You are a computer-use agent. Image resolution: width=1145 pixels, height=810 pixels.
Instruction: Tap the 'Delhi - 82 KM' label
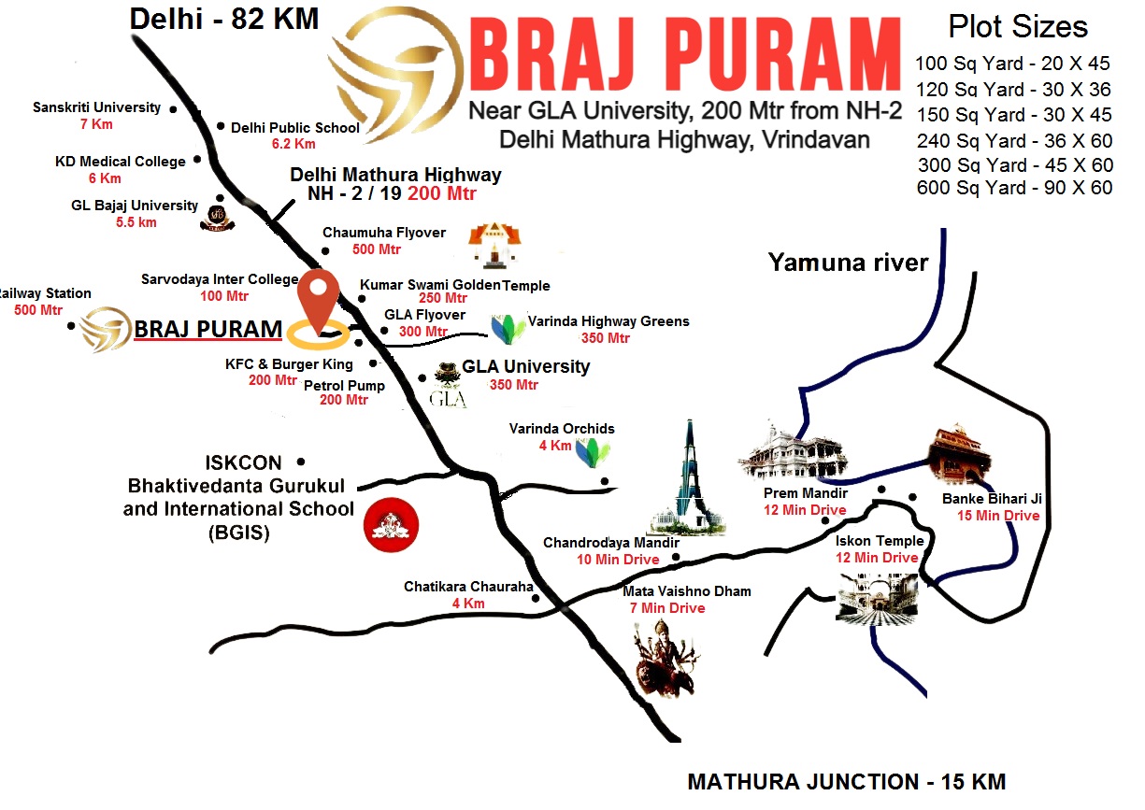tap(223, 18)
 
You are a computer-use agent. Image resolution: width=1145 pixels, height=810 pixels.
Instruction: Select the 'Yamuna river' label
tap(848, 263)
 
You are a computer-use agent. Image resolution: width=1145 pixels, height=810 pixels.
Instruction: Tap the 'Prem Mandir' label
tap(793, 493)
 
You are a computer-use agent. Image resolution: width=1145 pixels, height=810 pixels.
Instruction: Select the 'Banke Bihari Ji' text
tap(991, 499)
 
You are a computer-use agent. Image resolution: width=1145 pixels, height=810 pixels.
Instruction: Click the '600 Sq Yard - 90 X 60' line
tap(1014, 188)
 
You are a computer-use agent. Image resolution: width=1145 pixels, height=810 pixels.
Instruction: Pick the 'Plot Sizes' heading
tap(1018, 26)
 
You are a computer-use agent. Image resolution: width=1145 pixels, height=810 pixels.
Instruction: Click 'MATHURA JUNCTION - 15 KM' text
tap(846, 782)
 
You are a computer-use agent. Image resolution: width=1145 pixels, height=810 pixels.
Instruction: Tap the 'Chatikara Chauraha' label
tap(468, 587)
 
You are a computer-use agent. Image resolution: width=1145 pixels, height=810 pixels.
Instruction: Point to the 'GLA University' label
tap(526, 366)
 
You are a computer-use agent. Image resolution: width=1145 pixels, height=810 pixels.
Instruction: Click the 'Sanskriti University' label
tap(97, 107)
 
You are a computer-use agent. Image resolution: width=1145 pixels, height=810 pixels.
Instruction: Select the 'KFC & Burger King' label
tap(289, 364)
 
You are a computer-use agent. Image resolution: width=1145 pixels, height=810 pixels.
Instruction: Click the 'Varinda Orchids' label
tap(562, 429)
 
